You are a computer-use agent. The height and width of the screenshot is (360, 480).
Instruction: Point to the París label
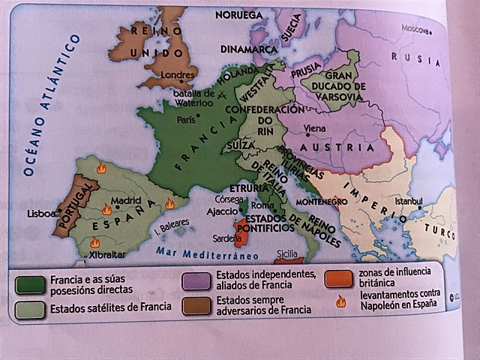tap(185, 119)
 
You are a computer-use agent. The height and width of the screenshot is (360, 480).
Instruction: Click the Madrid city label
tap(125, 200)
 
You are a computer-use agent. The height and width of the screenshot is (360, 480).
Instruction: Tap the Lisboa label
tap(41, 213)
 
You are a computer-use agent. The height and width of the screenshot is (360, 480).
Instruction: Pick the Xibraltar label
tap(105, 254)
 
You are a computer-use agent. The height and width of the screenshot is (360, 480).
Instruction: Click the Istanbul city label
tap(409, 200)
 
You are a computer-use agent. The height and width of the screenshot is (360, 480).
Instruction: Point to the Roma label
tap(262, 205)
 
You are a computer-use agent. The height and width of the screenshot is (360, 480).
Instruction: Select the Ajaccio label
tap(222, 211)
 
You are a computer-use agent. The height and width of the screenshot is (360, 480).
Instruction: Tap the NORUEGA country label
tap(238, 14)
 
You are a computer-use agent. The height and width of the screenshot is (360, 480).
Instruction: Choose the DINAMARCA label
tap(250, 49)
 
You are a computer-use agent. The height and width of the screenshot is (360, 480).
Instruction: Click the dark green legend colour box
tap(29, 284)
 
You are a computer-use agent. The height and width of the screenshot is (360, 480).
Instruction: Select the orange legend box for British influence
tap(338, 277)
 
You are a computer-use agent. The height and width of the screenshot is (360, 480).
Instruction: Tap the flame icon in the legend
tap(340, 301)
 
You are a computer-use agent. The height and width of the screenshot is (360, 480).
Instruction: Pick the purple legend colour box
tap(196, 279)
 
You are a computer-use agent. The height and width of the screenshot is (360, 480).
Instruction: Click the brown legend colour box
tap(196, 304)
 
